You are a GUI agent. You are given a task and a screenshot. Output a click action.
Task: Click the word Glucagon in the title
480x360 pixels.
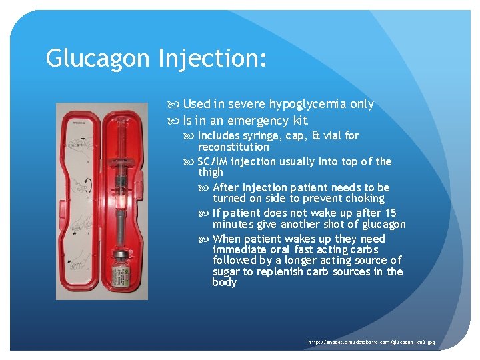[98, 59]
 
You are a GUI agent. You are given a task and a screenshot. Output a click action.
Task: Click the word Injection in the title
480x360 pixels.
[213, 59]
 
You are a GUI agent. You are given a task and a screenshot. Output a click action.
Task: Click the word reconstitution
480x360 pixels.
[233, 147]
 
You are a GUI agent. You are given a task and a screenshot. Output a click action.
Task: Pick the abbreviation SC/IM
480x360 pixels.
[213, 162]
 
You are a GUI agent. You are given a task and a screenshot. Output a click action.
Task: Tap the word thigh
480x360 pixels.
[211, 173]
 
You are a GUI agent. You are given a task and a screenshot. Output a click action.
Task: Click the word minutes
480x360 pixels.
[233, 225]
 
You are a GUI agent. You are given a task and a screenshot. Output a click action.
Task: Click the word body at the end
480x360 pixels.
[225, 283]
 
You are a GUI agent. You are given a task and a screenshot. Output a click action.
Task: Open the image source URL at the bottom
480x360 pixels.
[371, 342]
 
